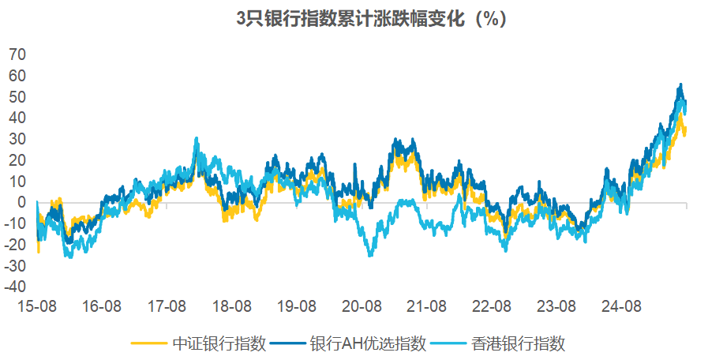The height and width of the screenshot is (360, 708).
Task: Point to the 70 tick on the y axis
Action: pyautogui.click(x=17, y=54)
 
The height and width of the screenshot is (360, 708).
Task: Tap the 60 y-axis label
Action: pyautogui.click(x=17, y=76)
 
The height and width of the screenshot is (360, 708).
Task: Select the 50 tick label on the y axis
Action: pyautogui.click(x=17, y=97)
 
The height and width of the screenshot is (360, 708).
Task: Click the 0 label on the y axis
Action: pyautogui.click(x=21, y=202)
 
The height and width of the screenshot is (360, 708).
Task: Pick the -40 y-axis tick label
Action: pyautogui.click(x=15, y=287)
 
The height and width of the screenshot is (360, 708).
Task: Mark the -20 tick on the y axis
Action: pyautogui.click(x=15, y=245)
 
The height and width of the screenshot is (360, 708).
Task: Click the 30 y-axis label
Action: pyautogui.click(x=17, y=139)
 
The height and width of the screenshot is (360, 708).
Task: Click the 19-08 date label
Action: pyautogui.click(x=298, y=306)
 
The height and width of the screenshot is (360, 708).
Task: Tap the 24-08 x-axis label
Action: pyautogui.click(x=621, y=306)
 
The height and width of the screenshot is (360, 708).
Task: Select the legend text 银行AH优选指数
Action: pyautogui.click(x=368, y=343)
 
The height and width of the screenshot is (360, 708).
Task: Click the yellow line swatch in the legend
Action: pyautogui.click(x=148, y=343)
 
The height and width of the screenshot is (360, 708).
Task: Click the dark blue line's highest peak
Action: pyautogui.click(x=680, y=84)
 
